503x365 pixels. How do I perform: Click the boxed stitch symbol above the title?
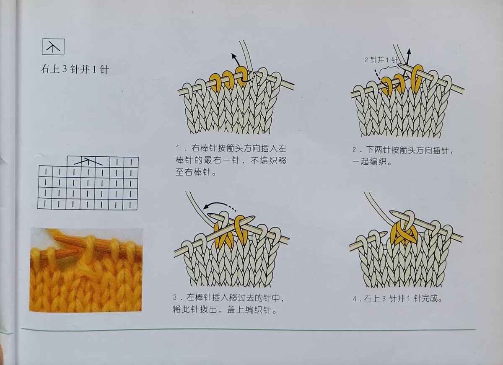(x=53, y=47)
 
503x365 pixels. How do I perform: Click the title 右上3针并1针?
(x=75, y=69)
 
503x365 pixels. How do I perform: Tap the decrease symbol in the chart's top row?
(x=88, y=161)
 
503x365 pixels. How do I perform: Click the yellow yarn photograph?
(x=86, y=269)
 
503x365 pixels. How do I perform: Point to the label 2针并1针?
(x=381, y=60)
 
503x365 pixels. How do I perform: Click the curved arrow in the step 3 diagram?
(x=219, y=205)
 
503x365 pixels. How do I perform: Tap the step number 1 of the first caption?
(x=178, y=149)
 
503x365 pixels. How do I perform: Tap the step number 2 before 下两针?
(x=354, y=150)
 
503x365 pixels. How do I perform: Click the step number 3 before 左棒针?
(x=175, y=298)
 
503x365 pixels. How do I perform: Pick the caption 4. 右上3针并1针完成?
(x=397, y=299)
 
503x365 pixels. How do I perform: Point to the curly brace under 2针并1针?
(x=389, y=67)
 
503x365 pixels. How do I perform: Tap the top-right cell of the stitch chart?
(x=131, y=162)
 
